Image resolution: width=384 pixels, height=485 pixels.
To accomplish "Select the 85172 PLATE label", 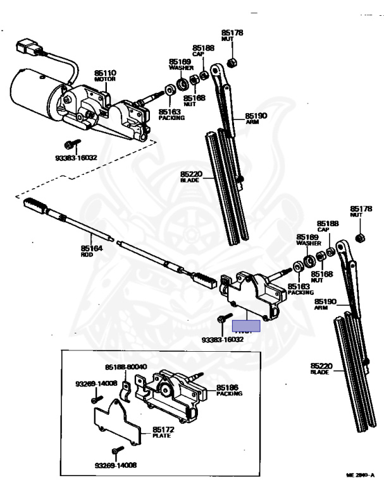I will point(163,433).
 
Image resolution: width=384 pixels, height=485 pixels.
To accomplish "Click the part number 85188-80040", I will point(126,367).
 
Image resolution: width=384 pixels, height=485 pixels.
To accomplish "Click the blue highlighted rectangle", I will point(247,327).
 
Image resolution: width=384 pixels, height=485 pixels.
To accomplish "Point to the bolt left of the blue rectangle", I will point(221,321).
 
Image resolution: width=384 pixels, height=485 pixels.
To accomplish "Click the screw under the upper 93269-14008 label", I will point(95,398).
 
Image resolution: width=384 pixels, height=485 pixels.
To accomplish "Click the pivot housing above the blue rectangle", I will point(250,294).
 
